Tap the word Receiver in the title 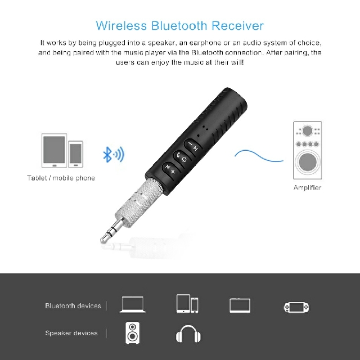pyautogui.click(x=238, y=25)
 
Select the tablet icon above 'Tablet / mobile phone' pyautogui.click(x=55, y=151)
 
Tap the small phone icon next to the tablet pyautogui.click(x=76, y=154)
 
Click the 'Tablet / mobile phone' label pyautogui.click(x=61, y=178)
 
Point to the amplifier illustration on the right pyautogui.click(x=307, y=150)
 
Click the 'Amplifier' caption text pyautogui.click(x=307, y=188)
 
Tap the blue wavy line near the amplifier pyautogui.click(x=258, y=154)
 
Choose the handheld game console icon pyautogui.click(x=296, y=307)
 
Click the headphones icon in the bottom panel pyautogui.click(x=188, y=335)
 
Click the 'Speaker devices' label pyautogui.click(x=71, y=334)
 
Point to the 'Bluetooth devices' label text pyautogui.click(x=73, y=306)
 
